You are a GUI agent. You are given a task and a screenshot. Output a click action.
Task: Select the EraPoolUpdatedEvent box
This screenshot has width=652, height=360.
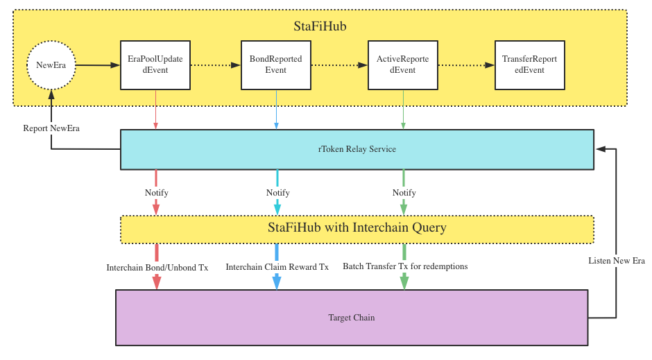pos(155,65)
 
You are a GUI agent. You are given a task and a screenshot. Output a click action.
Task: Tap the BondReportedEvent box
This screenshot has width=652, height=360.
pos(276,65)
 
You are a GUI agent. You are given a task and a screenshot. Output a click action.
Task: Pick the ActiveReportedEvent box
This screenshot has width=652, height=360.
pos(403,65)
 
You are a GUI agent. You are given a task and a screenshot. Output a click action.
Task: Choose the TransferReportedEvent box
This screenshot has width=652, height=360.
pos(530,65)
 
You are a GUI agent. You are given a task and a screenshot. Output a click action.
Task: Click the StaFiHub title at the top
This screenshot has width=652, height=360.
pos(320,26)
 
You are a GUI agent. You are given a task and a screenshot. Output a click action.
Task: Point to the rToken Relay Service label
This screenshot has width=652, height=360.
pos(357,149)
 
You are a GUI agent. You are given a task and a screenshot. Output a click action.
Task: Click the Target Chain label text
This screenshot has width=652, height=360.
pos(352,318)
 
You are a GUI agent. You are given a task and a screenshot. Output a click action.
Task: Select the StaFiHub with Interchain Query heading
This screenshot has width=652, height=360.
pos(357,228)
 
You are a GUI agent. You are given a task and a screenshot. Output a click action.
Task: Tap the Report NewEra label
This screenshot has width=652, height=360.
pos(51,128)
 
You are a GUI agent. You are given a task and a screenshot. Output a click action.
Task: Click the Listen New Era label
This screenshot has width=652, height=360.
pos(617,261)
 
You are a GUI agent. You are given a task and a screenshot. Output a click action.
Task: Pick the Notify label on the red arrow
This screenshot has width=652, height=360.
pos(156,192)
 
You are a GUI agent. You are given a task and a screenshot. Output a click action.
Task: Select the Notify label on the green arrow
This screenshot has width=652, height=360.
pos(404,192)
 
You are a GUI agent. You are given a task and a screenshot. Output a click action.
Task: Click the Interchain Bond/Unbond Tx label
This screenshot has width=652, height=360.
pos(157,267)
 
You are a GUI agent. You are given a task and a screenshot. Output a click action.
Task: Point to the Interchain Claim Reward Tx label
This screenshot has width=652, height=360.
pos(277,267)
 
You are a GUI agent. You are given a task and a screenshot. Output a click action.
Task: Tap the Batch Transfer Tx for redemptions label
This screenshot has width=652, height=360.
pos(405,266)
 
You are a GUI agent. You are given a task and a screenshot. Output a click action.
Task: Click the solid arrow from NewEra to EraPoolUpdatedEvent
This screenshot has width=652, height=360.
pos(98,65)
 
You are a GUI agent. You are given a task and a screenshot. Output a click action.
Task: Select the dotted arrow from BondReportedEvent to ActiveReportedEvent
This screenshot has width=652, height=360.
pos(339,65)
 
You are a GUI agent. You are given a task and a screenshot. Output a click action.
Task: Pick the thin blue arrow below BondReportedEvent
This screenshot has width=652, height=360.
pos(277,110)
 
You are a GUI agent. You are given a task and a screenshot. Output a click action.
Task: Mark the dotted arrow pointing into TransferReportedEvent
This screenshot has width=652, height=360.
pos(466,65)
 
